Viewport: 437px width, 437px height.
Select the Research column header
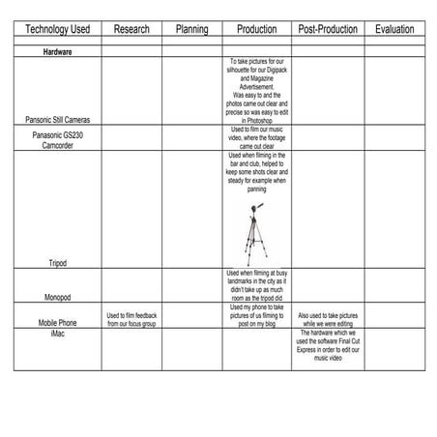(x=131, y=30)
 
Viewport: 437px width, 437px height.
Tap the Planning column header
(x=191, y=30)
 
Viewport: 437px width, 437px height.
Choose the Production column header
(x=256, y=30)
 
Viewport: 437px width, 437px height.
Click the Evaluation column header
(x=393, y=30)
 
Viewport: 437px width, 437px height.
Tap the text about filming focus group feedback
(x=131, y=320)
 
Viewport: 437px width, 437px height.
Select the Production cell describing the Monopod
(x=256, y=286)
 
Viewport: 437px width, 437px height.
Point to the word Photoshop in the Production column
(x=256, y=120)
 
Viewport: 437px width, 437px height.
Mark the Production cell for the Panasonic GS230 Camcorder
(x=256, y=137)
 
